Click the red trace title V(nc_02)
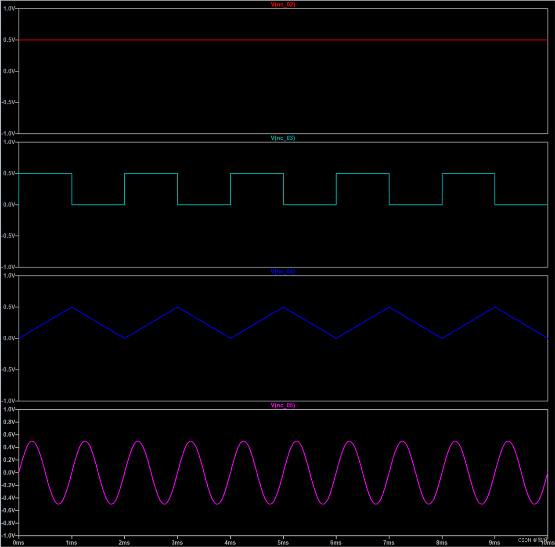click(283, 4)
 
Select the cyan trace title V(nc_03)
click(283, 138)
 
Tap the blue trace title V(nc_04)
click(283, 272)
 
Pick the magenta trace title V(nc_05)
click(283, 405)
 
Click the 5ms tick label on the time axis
click(283, 543)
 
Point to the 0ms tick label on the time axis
click(18, 543)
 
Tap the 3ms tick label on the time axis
click(177, 543)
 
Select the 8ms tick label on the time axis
click(442, 543)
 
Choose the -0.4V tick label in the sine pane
click(8, 498)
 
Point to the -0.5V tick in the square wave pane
click(8, 236)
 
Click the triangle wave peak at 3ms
click(177, 307)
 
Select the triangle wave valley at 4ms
click(231, 338)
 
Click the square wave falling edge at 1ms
click(72, 189)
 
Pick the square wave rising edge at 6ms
click(336, 189)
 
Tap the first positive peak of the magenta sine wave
click(32, 441)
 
